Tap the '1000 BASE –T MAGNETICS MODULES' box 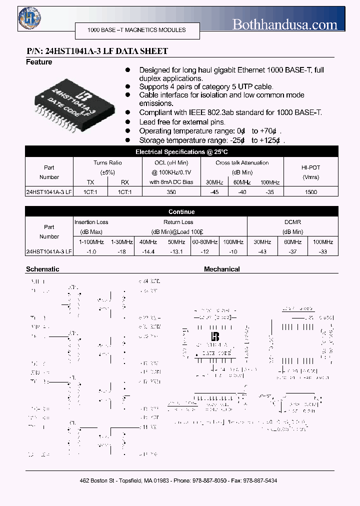click(136, 30)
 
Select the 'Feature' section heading click(39, 62)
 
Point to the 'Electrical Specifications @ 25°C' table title click(181, 151)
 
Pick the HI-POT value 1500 click(311, 192)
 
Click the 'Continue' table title click(181, 211)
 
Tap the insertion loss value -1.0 click(91, 251)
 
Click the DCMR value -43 click(261, 251)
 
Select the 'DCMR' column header click(292, 222)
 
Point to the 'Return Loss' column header click(178, 222)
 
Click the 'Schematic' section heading click(42, 269)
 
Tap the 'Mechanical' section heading click(221, 269)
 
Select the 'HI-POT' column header click(311, 167)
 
